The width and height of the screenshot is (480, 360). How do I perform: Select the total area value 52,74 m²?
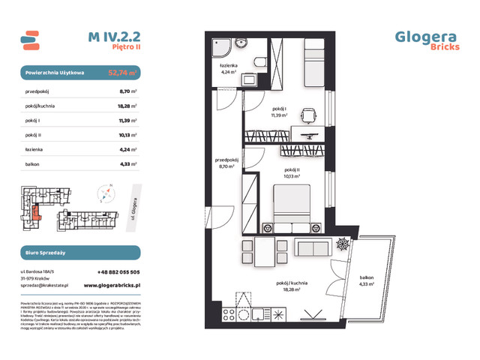(x=123, y=73)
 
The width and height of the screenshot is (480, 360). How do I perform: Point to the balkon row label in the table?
(x=32, y=163)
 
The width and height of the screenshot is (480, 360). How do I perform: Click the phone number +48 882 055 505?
(x=118, y=272)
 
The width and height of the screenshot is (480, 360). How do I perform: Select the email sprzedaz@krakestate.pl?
(x=47, y=285)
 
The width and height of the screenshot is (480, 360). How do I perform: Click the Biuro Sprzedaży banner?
(x=79, y=253)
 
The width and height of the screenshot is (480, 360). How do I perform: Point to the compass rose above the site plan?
(x=107, y=190)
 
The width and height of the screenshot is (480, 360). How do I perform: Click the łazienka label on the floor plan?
(x=229, y=67)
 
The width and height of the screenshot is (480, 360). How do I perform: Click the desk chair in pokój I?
(x=307, y=115)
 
